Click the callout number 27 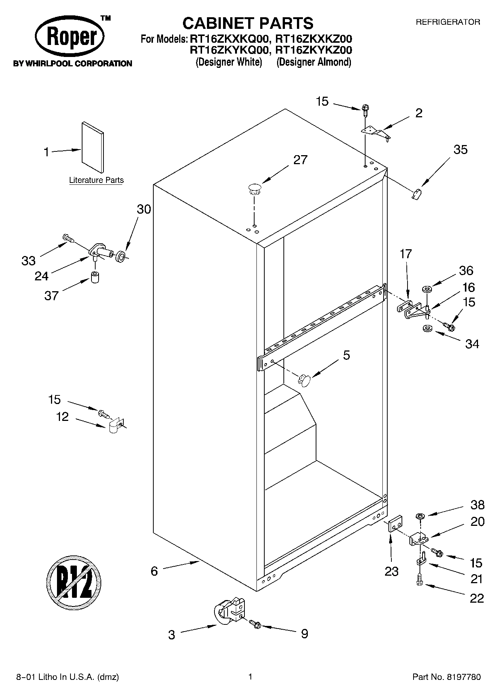click(x=300, y=160)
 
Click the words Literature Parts click(x=96, y=180)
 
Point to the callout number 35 click(x=460, y=150)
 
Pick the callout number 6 click(x=154, y=571)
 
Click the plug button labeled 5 click(x=304, y=380)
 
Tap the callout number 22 click(x=477, y=598)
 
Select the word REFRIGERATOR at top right click(x=448, y=22)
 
